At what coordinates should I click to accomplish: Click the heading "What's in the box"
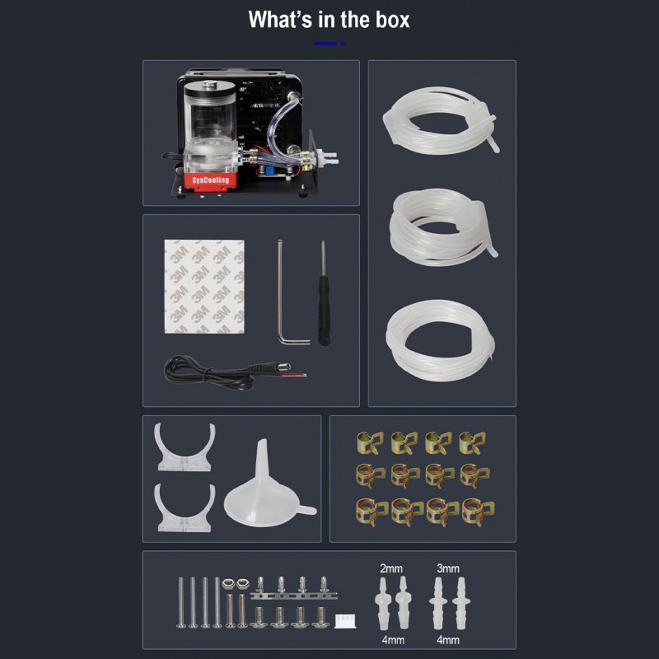[329, 20]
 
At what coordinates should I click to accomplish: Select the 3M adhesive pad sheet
[204, 287]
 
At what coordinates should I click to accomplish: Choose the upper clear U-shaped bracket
[185, 448]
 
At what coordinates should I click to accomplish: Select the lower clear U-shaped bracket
[185, 509]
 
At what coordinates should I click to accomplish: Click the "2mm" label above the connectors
[391, 568]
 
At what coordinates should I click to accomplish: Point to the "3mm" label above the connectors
[449, 568]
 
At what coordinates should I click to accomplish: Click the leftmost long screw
[180, 602]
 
